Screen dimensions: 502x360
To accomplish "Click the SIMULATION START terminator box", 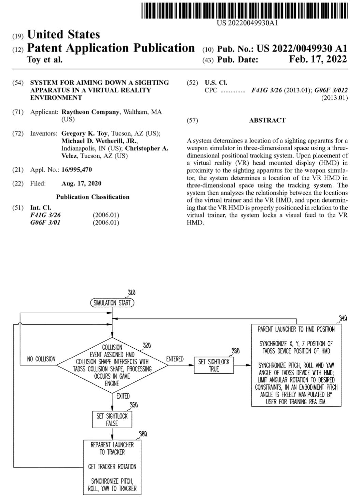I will pyautogui.click(x=112, y=303).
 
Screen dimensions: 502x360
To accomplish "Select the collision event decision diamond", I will pyautogui.click(x=112, y=365).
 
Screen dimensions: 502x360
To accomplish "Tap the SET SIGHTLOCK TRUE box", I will pyautogui.click(x=214, y=365).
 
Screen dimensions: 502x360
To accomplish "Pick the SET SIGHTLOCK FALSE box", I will pyautogui.click(x=112, y=419).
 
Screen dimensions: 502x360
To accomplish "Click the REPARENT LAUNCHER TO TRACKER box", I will pyautogui.click(x=112, y=467).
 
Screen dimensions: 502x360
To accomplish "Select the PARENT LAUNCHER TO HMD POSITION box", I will pyautogui.click(x=296, y=365).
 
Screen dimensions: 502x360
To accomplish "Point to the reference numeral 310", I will pyautogui.click(x=131, y=292).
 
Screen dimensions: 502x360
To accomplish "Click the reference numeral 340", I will pyautogui.click(x=343, y=318).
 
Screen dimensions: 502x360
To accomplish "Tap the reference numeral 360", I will pyautogui.click(x=143, y=434).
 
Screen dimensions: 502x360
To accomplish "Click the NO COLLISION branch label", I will pyautogui.click(x=41, y=359).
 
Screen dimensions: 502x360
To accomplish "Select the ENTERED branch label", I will pyautogui.click(x=175, y=359).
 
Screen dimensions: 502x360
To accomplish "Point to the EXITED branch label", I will pyautogui.click(x=123, y=396).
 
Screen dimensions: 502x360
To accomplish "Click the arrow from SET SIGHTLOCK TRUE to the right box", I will pyautogui.click(x=243, y=365).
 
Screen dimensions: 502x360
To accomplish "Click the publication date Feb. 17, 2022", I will pyautogui.click(x=318, y=59).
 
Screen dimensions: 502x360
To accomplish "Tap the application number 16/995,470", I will pyautogui.click(x=77, y=170).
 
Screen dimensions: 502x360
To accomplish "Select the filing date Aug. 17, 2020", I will pyautogui.click(x=81, y=183).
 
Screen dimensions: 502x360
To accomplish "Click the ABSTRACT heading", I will pyautogui.click(x=267, y=120).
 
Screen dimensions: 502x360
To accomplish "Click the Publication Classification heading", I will pyautogui.click(x=93, y=197).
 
